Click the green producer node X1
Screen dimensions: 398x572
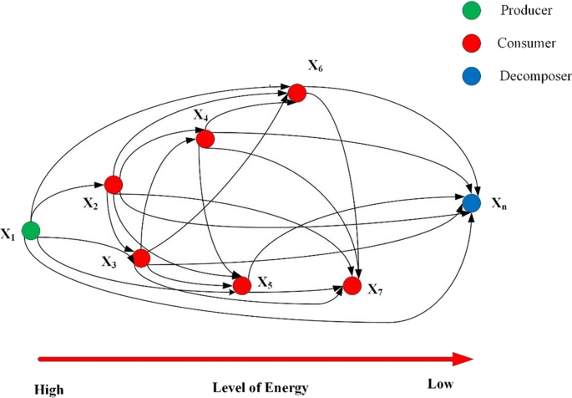coord(31,230)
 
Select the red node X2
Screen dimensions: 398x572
coord(114,185)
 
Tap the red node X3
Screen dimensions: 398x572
coord(141,258)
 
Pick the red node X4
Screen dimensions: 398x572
coord(205,138)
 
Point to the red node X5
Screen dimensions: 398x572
coord(242,285)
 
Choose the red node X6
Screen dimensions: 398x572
coord(296,92)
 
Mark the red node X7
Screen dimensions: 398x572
coord(352,286)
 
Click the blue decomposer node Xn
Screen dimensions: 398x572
coord(471,203)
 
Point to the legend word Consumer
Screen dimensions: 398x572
coord(526,42)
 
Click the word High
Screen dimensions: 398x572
coord(49,389)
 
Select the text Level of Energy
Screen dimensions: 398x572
coord(261,387)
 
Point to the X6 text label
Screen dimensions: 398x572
coord(316,66)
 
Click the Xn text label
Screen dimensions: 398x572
coord(498,204)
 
